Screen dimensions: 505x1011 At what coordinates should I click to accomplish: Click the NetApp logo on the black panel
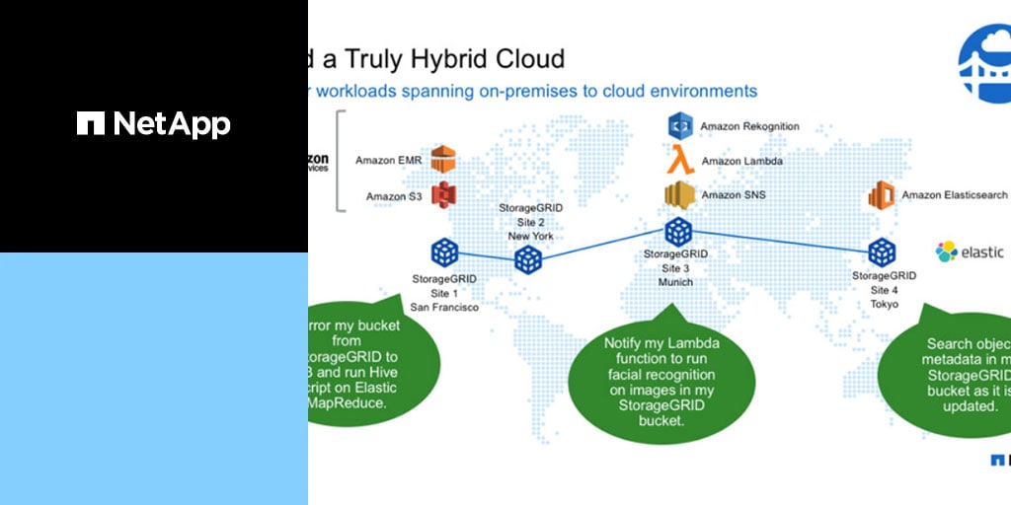(x=153, y=123)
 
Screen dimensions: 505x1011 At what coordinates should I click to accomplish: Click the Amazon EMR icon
(x=443, y=160)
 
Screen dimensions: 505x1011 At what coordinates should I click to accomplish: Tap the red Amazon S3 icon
(x=443, y=195)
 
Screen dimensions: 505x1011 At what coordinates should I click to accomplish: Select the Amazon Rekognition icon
(x=680, y=126)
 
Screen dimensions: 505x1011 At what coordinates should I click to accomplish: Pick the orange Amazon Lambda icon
(x=680, y=160)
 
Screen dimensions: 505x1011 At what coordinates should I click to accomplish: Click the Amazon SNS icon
(x=680, y=194)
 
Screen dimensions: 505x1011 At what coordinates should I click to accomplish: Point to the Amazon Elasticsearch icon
(x=881, y=195)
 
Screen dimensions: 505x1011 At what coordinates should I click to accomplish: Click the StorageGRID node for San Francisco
(x=443, y=252)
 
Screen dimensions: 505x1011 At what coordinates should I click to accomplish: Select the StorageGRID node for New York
(x=528, y=260)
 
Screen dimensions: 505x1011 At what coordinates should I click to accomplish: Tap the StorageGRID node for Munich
(x=677, y=232)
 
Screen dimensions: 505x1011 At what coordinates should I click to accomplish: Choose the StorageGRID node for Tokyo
(x=882, y=252)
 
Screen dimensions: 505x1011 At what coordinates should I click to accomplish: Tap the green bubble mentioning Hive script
(x=370, y=365)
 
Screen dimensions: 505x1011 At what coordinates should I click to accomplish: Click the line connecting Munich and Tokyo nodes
(x=780, y=242)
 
